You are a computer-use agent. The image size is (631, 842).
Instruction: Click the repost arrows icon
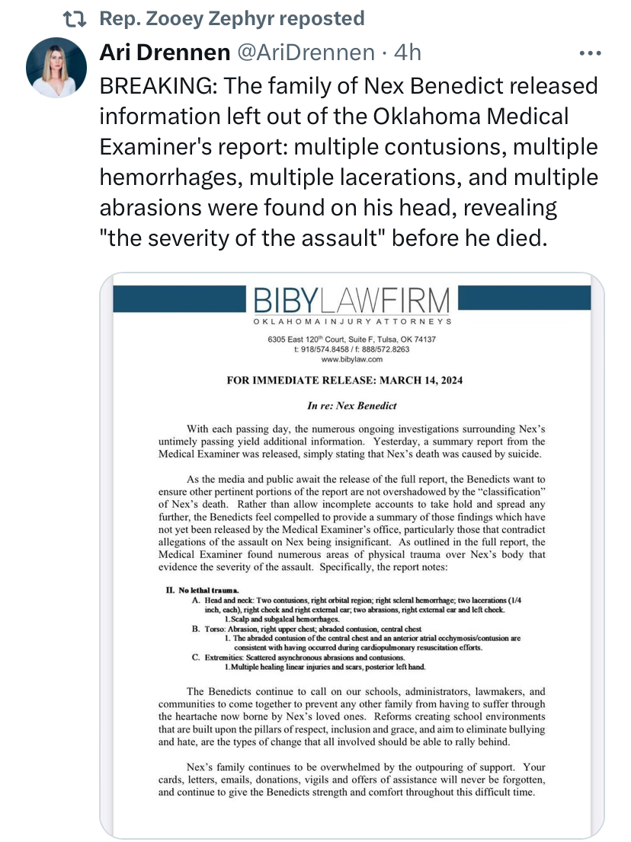[77, 18]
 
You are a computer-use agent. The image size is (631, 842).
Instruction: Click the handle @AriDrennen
[306, 53]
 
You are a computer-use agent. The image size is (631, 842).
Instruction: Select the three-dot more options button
[591, 53]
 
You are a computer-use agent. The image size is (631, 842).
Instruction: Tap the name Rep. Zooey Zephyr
[173, 18]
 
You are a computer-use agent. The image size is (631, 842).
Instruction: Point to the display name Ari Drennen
[165, 53]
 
